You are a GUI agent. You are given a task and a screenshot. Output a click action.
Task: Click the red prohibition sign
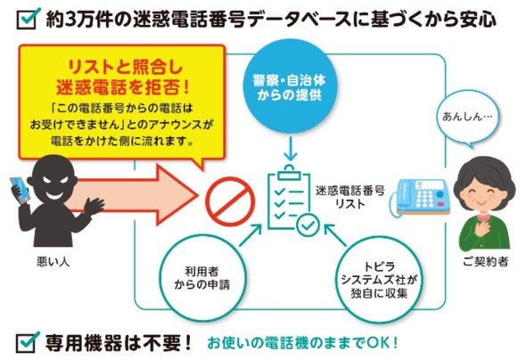click(x=230, y=201)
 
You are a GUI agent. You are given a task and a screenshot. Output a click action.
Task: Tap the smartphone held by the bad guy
click(x=20, y=190)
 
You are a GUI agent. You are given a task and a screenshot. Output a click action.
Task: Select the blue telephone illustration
click(x=420, y=198)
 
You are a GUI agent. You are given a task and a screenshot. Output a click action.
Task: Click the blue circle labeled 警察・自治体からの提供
click(x=289, y=86)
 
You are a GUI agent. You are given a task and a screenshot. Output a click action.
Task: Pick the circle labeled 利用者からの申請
click(x=202, y=278)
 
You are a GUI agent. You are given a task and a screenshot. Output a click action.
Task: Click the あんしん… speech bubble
click(x=467, y=119)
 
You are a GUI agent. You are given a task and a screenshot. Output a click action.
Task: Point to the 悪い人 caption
click(x=53, y=262)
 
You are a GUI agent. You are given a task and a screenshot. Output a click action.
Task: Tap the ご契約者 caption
click(x=485, y=261)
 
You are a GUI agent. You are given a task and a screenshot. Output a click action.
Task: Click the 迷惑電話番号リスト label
click(x=349, y=197)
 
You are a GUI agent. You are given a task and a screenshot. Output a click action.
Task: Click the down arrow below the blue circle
click(x=291, y=149)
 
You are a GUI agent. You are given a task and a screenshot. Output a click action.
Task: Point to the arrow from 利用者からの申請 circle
click(x=251, y=235)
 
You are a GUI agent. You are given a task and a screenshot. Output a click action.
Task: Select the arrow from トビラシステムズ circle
click(x=335, y=235)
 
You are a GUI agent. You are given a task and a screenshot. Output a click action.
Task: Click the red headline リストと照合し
click(x=125, y=68)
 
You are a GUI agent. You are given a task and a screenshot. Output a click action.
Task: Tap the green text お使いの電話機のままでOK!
click(x=302, y=343)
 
